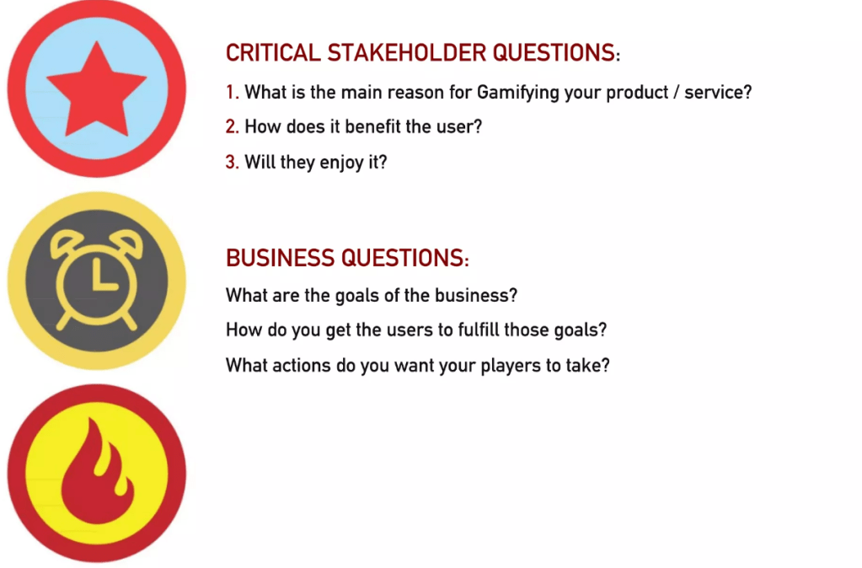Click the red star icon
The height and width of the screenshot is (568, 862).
point(97,91)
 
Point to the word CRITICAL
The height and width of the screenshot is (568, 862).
point(273,53)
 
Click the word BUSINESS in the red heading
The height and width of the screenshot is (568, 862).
point(281,258)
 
